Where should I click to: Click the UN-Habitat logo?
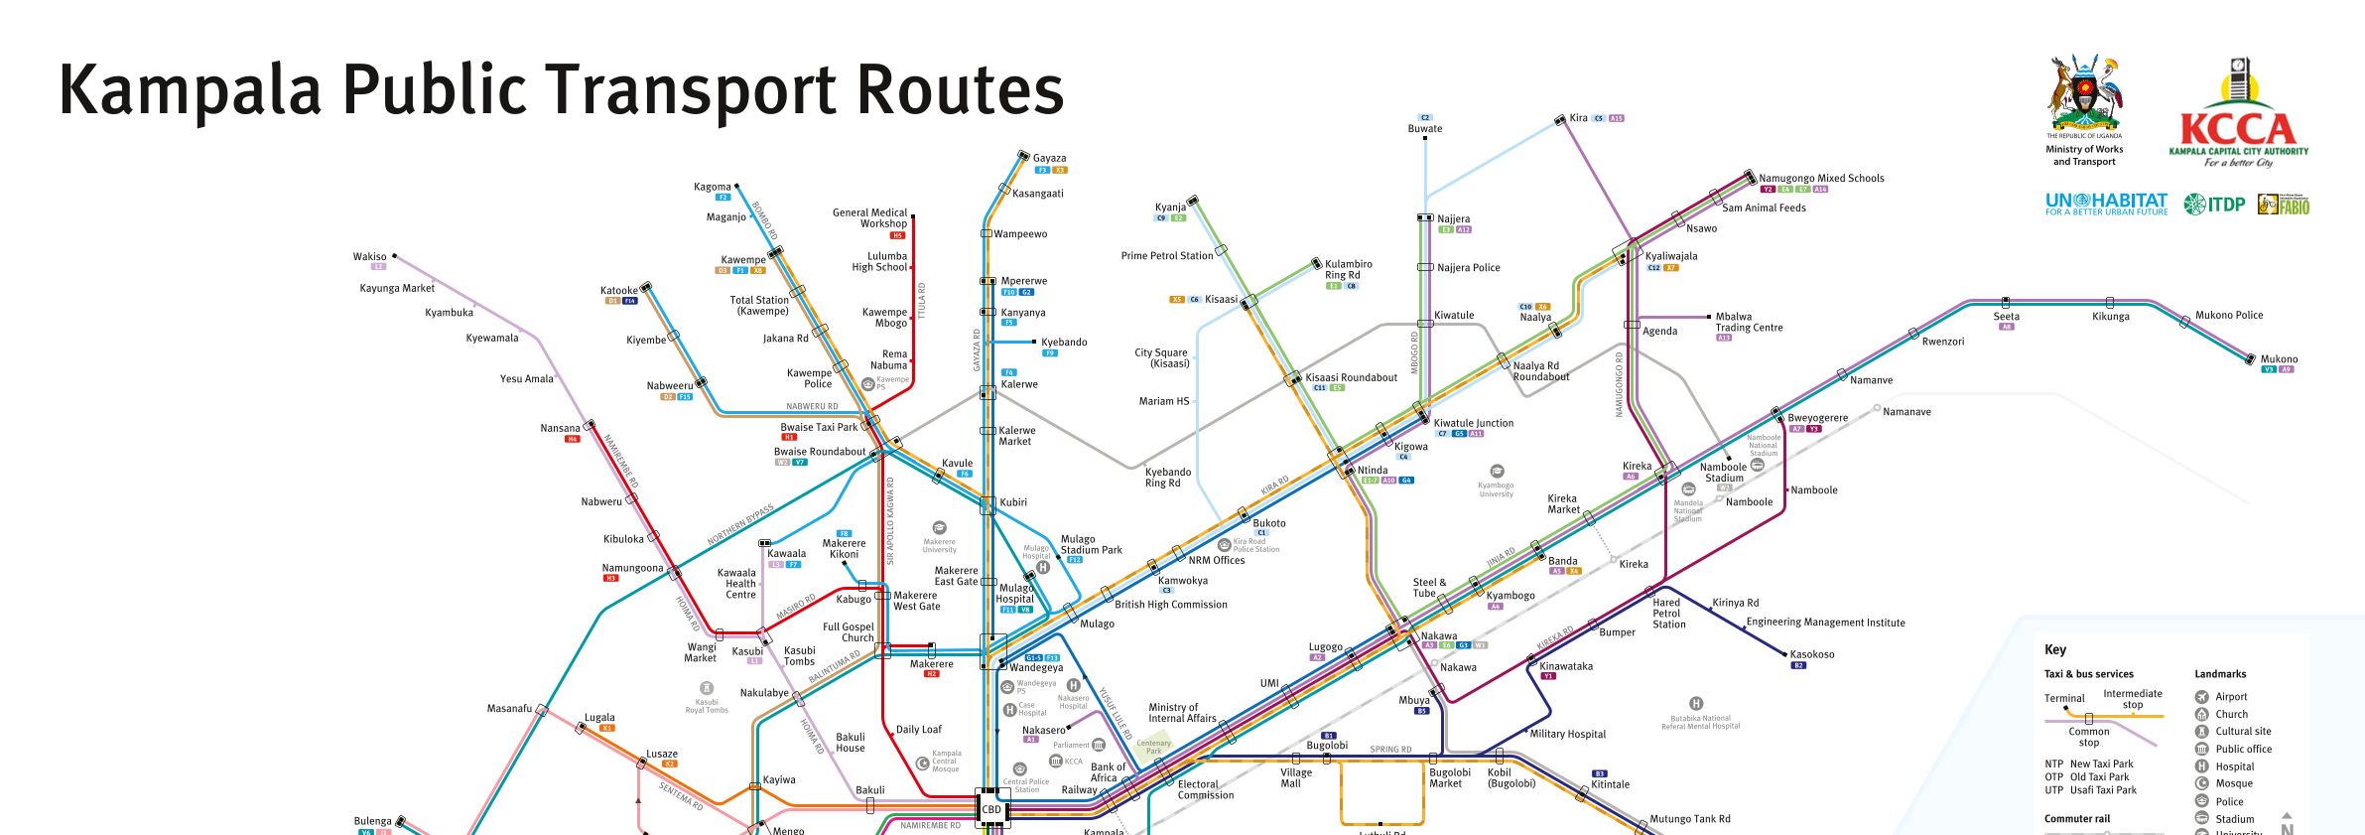(x=2106, y=205)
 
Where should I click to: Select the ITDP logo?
(x=2214, y=205)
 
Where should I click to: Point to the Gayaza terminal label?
(x=1049, y=158)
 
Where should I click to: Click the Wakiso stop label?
(x=369, y=257)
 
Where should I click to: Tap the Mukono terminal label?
(x=2279, y=359)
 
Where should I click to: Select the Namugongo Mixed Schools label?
(x=1821, y=179)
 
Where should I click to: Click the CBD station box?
(x=991, y=809)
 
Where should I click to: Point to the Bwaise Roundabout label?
(x=820, y=452)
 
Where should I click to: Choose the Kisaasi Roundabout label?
(x=1351, y=378)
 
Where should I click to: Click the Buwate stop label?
(x=1425, y=129)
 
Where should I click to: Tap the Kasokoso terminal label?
(x=1812, y=655)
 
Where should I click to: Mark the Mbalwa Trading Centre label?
(x=1749, y=323)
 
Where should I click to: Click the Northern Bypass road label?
(x=740, y=524)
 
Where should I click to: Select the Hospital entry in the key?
(x=2235, y=766)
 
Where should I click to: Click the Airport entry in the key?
(x=2231, y=697)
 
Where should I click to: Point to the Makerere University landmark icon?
(x=940, y=528)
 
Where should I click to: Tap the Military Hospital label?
(x=1567, y=735)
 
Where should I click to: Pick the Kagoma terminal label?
(x=712, y=187)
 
